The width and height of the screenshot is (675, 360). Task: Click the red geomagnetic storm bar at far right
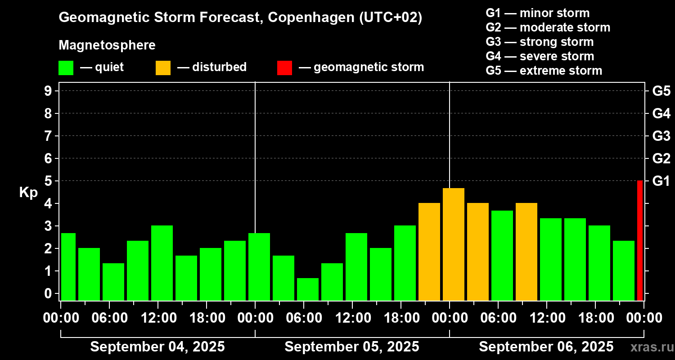(639, 240)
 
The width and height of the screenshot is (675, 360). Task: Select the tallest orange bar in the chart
(454, 244)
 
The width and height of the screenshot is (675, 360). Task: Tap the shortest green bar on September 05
(308, 289)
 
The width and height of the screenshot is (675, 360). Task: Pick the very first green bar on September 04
(68, 266)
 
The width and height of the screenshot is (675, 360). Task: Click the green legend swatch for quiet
(66, 67)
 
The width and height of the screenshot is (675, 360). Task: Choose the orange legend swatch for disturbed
(163, 67)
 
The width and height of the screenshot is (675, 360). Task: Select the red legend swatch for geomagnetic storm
(284, 67)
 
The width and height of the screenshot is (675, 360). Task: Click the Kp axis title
(28, 193)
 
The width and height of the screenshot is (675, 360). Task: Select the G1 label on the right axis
(661, 181)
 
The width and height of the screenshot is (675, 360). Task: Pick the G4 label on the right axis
(661, 113)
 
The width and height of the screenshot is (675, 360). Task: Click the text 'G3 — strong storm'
(540, 42)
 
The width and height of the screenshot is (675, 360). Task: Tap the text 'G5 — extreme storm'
(544, 71)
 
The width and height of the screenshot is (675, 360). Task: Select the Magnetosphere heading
(107, 45)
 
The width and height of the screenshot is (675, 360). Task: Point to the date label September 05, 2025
(352, 346)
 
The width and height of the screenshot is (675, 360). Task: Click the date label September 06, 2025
(546, 346)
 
